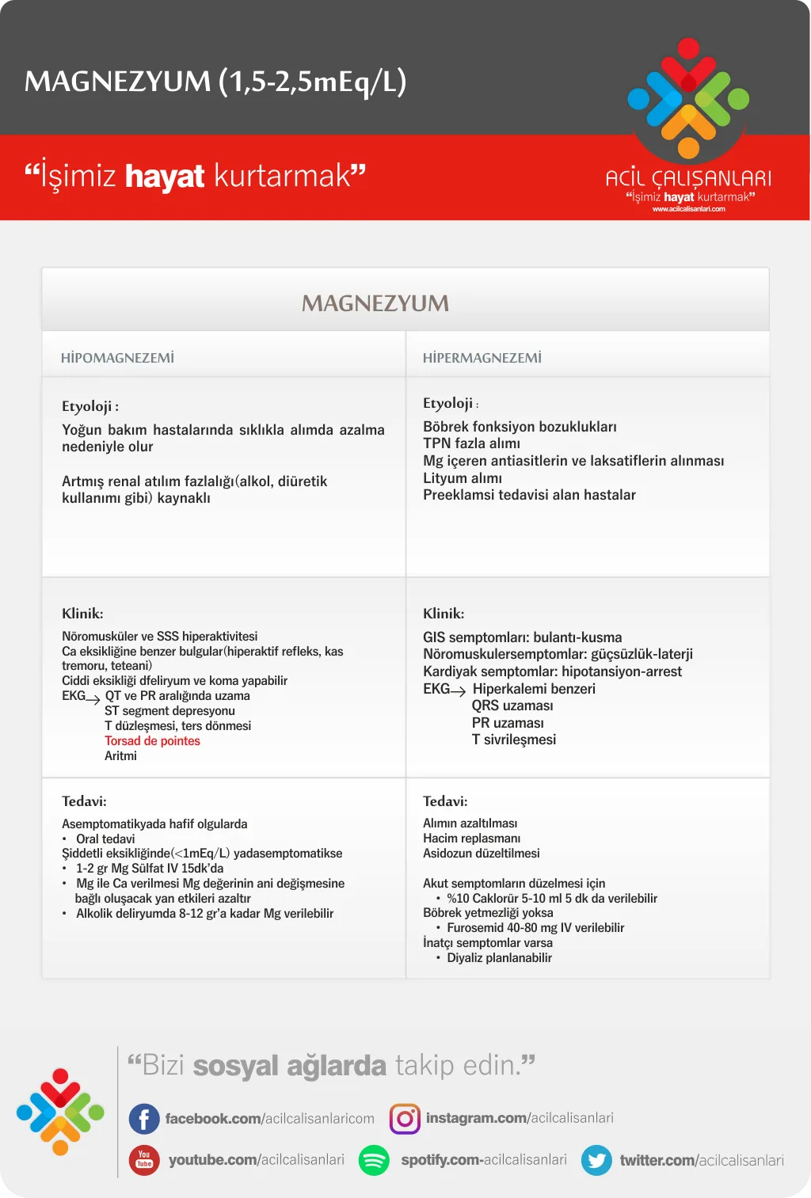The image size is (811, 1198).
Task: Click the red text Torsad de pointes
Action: click(x=152, y=741)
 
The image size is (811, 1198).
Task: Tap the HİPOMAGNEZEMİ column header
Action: click(x=117, y=358)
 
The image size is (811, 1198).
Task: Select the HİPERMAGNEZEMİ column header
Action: click(x=482, y=358)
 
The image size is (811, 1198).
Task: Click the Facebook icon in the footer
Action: click(x=144, y=1119)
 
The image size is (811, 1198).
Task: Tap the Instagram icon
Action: click(x=405, y=1119)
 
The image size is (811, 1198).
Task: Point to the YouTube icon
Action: click(x=144, y=1160)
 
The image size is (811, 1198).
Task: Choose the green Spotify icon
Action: click(x=374, y=1160)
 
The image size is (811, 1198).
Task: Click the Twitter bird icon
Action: click(x=596, y=1160)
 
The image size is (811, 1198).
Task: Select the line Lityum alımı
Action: click(x=463, y=478)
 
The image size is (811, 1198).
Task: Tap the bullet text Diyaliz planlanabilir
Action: click(x=499, y=958)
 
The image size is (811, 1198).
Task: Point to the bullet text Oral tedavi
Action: click(x=105, y=839)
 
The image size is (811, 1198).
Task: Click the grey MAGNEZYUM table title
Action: click(x=375, y=303)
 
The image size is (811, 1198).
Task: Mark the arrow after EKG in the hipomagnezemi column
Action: click(x=93, y=699)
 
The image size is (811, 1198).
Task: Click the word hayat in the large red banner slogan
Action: click(x=165, y=176)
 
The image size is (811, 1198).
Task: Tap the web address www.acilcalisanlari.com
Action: click(x=688, y=209)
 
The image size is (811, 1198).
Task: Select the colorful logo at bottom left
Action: click(x=60, y=1112)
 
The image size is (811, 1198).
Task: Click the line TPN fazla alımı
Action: click(x=471, y=443)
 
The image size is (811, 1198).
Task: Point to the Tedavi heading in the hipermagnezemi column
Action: click(x=445, y=801)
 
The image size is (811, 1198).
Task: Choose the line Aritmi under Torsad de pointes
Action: click(x=120, y=756)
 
